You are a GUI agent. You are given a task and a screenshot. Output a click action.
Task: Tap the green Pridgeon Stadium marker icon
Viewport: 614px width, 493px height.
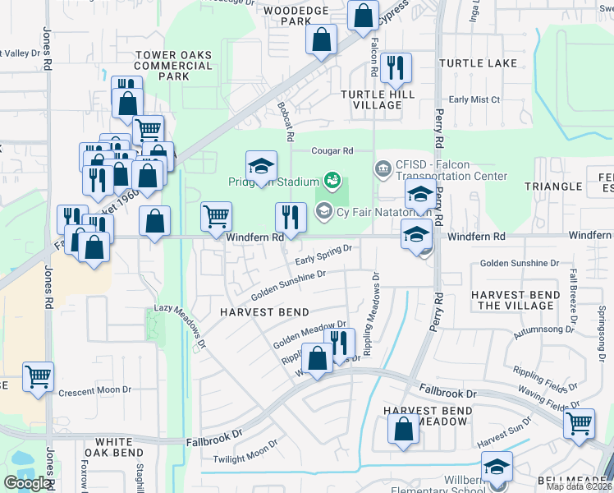pos(332,178)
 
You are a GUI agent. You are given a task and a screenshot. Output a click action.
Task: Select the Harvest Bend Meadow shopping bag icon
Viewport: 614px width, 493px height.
pos(404,429)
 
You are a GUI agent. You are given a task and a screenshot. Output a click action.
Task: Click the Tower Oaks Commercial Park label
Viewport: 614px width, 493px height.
pos(173,66)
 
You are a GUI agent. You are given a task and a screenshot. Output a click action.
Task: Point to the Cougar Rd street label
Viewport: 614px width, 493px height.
pos(332,151)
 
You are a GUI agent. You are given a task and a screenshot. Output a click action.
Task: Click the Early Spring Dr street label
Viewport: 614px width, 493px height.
pos(323,253)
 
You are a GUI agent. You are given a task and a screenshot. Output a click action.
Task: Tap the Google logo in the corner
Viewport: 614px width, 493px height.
pos(27,483)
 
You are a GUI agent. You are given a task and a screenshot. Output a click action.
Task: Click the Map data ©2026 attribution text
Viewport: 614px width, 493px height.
pos(579,486)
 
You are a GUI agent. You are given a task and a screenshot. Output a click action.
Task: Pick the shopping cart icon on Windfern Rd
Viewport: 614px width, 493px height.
pos(216,217)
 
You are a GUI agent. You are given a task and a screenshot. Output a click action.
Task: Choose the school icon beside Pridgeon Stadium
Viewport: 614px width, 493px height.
pos(261,166)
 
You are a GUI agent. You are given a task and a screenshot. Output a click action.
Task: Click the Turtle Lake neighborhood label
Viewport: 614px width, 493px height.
pos(478,63)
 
